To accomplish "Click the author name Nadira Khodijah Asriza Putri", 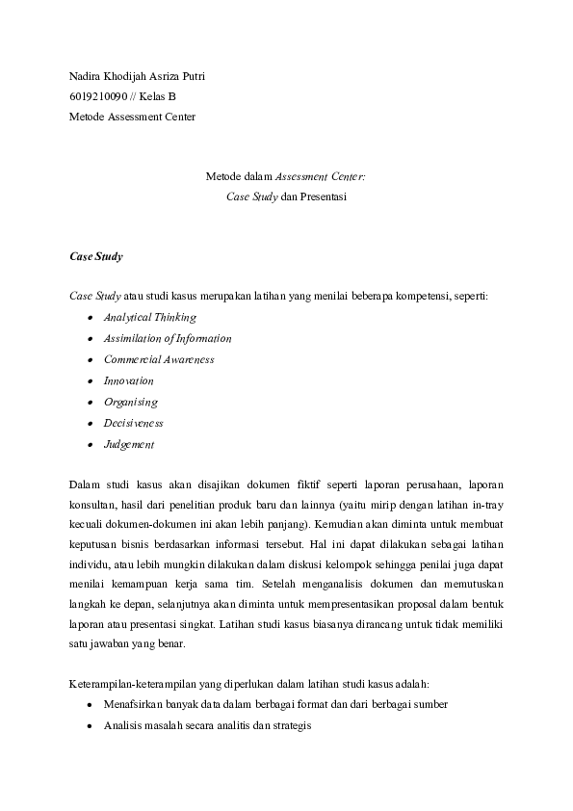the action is coord(137,76).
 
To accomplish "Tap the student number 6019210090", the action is coord(98,96).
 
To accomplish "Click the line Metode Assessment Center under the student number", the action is coord(132,117).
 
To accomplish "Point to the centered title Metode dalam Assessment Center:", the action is coord(286,176).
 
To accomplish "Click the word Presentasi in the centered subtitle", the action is coord(321,196).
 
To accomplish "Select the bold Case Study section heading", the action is coord(96,257).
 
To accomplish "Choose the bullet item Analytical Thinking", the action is coord(149,317).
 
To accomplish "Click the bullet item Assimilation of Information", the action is coord(168,338).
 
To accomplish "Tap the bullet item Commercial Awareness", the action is coord(159,359).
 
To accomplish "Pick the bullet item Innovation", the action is coord(128,380).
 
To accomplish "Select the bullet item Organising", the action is coord(130,402).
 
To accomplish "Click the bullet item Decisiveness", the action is coord(133,423).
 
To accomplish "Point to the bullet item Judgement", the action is coord(129,444).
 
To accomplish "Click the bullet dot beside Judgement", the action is coord(91,445).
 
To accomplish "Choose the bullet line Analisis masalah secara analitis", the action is coord(208,725).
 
